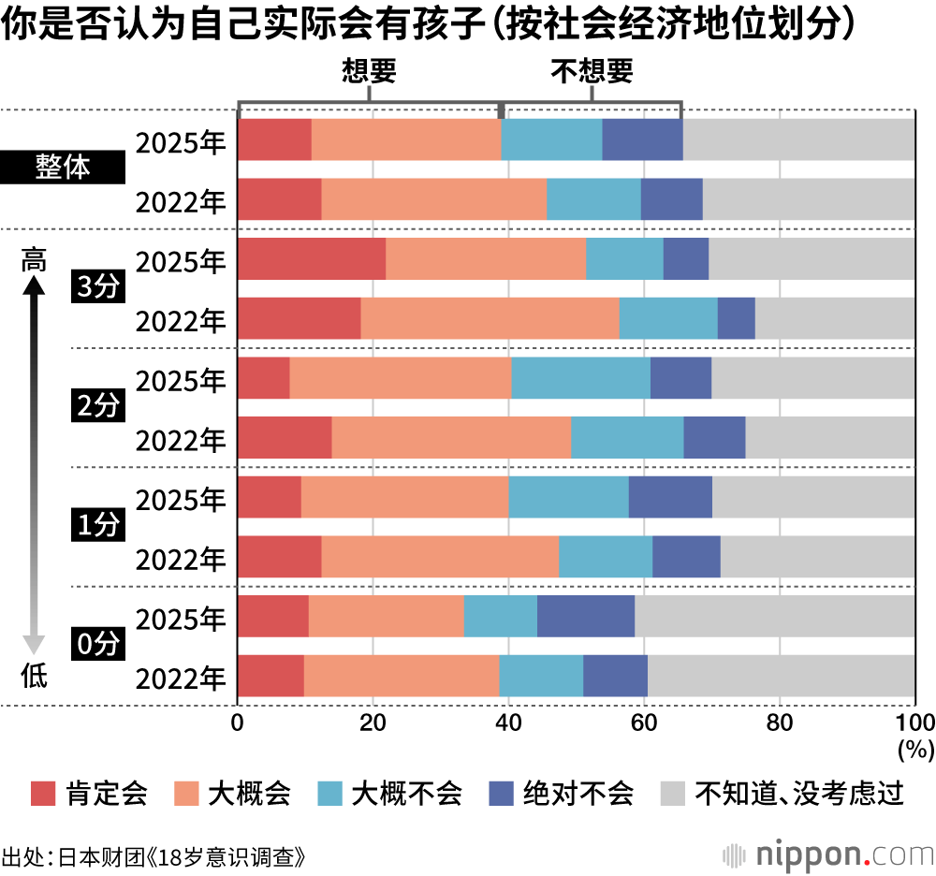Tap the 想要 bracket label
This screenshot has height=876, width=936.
pyautogui.click(x=371, y=71)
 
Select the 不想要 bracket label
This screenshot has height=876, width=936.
pyautogui.click(x=592, y=71)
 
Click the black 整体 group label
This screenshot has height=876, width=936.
pyautogui.click(x=63, y=169)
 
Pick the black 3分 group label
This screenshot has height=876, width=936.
pyautogui.click(x=97, y=288)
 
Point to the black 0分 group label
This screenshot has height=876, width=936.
pyautogui.click(x=97, y=645)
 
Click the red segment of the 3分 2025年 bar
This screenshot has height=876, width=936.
pyautogui.click(x=312, y=258)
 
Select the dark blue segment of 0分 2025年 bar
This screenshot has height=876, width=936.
pyautogui.click(x=586, y=616)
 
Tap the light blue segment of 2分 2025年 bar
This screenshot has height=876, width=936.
pyautogui.click(x=580, y=377)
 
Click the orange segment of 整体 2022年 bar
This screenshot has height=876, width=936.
pyautogui.click(x=433, y=199)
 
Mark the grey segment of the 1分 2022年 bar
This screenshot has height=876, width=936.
pyautogui.click(x=817, y=557)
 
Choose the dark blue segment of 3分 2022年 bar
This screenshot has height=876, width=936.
pyautogui.click(x=736, y=318)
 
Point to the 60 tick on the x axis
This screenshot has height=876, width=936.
pyautogui.click(x=643, y=723)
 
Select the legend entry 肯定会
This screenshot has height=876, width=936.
pyautogui.click(x=89, y=794)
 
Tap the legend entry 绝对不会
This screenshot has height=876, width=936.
pyautogui.click(x=562, y=794)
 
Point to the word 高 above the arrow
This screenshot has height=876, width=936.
pyautogui.click(x=34, y=260)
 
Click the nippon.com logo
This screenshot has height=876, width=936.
pyautogui.click(x=829, y=854)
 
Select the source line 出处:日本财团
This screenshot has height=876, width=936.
pyautogui.click(x=154, y=856)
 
